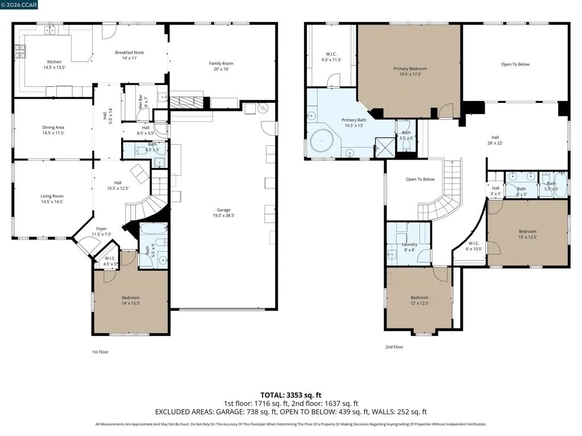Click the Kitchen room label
point(54,62)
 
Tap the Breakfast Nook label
point(130,53)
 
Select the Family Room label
point(221,64)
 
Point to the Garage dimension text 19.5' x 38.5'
point(224,215)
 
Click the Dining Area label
point(53,128)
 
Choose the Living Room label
point(52,196)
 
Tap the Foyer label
point(101,229)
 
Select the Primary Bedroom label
point(410,69)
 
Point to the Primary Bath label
point(354,120)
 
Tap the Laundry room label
point(409,245)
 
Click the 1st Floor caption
point(100,352)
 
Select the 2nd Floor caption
point(394,347)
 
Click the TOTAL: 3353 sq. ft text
point(290,395)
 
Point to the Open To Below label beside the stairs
point(420,179)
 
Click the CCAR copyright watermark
point(19,5)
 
